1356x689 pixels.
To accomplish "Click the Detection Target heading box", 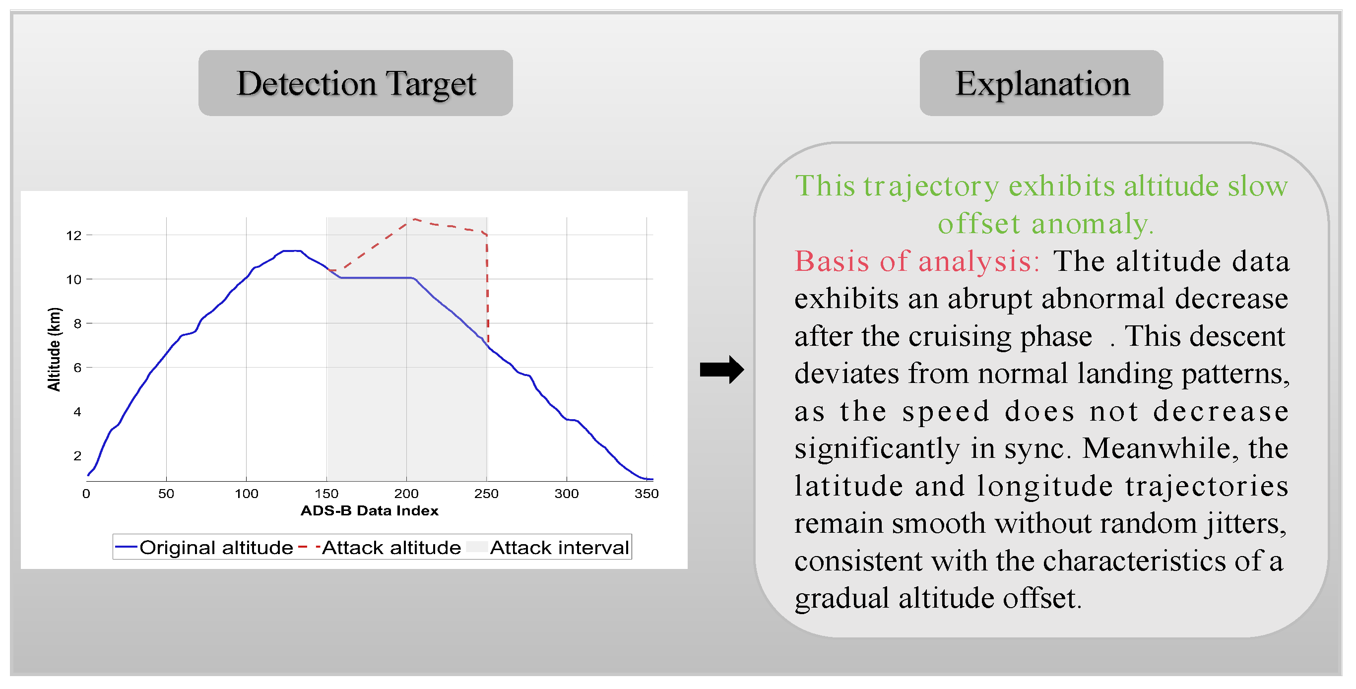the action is [x=355, y=83].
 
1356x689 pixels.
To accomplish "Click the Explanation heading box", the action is [x=1041, y=83].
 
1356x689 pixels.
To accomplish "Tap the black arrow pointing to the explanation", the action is [x=722, y=370].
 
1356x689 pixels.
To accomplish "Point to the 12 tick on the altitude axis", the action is [x=74, y=235].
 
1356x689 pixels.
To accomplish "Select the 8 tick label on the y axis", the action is [x=77, y=323].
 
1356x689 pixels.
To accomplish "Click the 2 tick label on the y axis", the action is [x=77, y=456].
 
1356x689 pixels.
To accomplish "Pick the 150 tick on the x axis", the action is [x=326, y=494].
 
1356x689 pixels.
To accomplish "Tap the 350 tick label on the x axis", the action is [x=646, y=494].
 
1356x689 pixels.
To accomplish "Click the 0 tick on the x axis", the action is [x=86, y=494].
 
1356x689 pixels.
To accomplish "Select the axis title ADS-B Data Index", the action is [x=369, y=510].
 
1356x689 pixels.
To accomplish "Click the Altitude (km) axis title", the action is [x=54, y=350].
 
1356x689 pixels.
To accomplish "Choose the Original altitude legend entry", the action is [x=204, y=548].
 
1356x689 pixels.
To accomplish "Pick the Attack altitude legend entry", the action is [x=380, y=548].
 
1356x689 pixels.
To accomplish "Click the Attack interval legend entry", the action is [x=548, y=548].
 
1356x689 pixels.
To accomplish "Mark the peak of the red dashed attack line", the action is [x=414, y=219].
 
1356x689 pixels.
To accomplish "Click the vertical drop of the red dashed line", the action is [x=487, y=288].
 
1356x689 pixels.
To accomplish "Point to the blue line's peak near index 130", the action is [x=292, y=251].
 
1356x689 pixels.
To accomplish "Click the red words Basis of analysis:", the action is [x=917, y=261].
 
